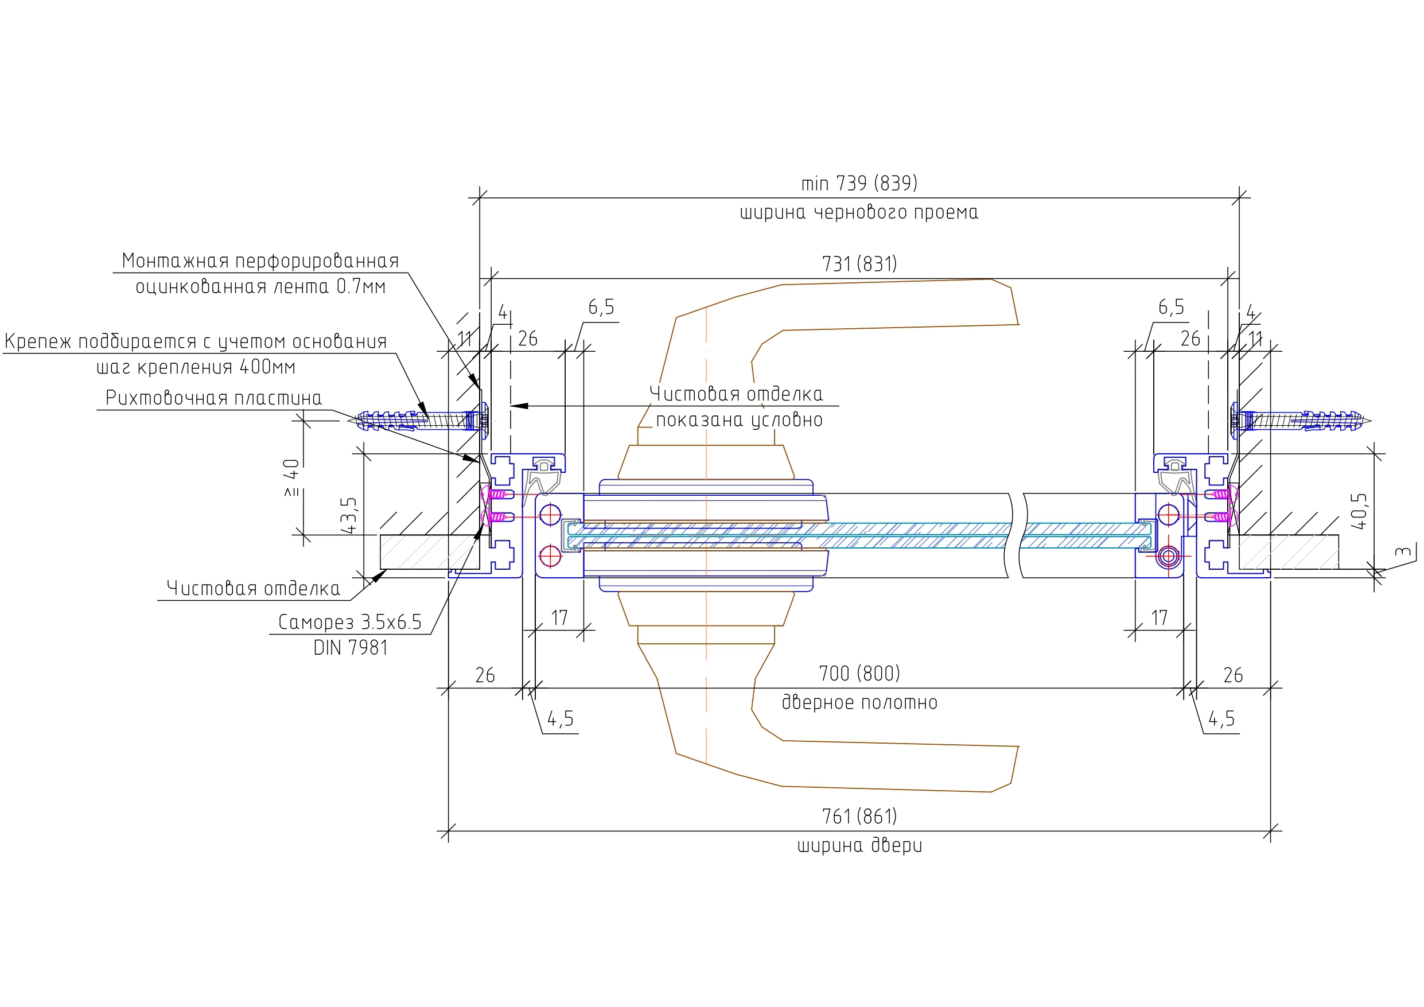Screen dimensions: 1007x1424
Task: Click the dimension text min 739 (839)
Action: coord(859,184)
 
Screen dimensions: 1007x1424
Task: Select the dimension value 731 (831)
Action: coord(859,265)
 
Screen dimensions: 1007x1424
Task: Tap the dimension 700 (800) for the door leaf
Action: coord(859,673)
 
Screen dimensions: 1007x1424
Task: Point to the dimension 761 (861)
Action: coord(859,817)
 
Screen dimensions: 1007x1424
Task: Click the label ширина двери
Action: coord(859,846)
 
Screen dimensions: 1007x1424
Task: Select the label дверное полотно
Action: coord(859,702)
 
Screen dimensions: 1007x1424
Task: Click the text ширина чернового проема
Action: coord(859,213)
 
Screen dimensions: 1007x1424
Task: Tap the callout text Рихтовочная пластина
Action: coord(213,398)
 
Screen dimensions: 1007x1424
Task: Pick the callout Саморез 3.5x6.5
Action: coord(349,621)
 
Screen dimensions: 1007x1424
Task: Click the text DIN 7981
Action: coord(351,648)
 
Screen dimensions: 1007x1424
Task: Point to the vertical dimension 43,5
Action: coord(349,515)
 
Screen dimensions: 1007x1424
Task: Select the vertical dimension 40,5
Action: coord(1357,511)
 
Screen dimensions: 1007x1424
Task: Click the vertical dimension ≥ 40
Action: coord(291,478)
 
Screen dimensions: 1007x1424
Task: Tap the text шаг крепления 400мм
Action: coord(196,367)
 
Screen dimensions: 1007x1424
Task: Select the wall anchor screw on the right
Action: coord(1302,421)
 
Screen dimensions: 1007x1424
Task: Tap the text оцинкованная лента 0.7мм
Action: coord(260,287)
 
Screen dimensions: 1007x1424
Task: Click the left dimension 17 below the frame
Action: coord(559,618)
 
